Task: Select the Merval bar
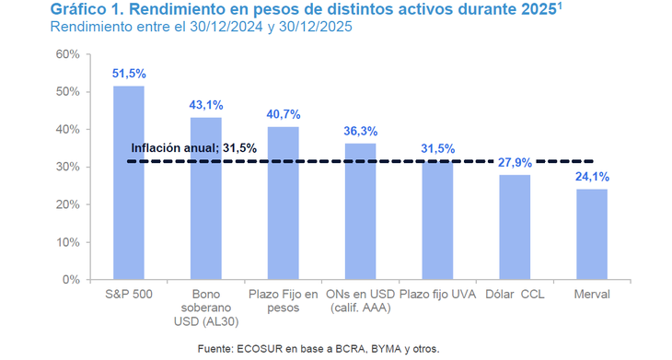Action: click(x=592, y=234)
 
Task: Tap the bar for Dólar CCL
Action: click(x=515, y=226)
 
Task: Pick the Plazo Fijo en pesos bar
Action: click(x=283, y=203)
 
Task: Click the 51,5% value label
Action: click(x=129, y=73)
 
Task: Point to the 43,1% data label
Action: click(x=206, y=104)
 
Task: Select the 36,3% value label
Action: click(x=360, y=131)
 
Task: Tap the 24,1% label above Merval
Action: click(x=592, y=176)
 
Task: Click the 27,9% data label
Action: click(x=515, y=162)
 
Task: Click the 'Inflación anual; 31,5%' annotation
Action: click(x=193, y=147)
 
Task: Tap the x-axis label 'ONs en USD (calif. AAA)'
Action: click(x=360, y=301)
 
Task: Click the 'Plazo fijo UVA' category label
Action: click(x=438, y=294)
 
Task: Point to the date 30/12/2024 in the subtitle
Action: click(x=212, y=28)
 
